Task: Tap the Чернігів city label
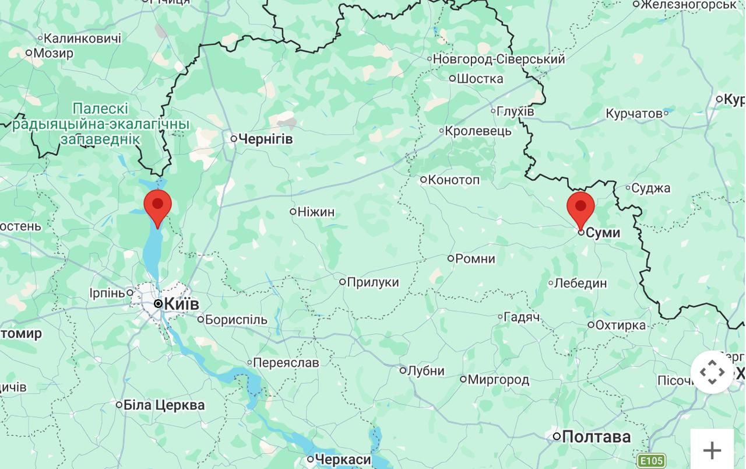point(266,139)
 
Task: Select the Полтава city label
point(596,436)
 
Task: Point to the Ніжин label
point(316,212)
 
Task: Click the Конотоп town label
point(453,180)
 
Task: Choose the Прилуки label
point(372,282)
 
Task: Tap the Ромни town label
point(474,258)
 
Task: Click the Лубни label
point(425,370)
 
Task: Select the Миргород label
point(498,380)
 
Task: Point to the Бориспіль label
point(235,320)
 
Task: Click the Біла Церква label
point(164,405)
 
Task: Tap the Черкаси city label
point(343,460)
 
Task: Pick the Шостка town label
point(480,79)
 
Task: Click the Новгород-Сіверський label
point(499,59)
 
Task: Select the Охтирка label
point(620,325)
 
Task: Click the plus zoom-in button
point(712,450)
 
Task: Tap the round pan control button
point(712,372)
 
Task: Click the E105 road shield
point(651,461)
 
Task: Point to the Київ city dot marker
point(158,304)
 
